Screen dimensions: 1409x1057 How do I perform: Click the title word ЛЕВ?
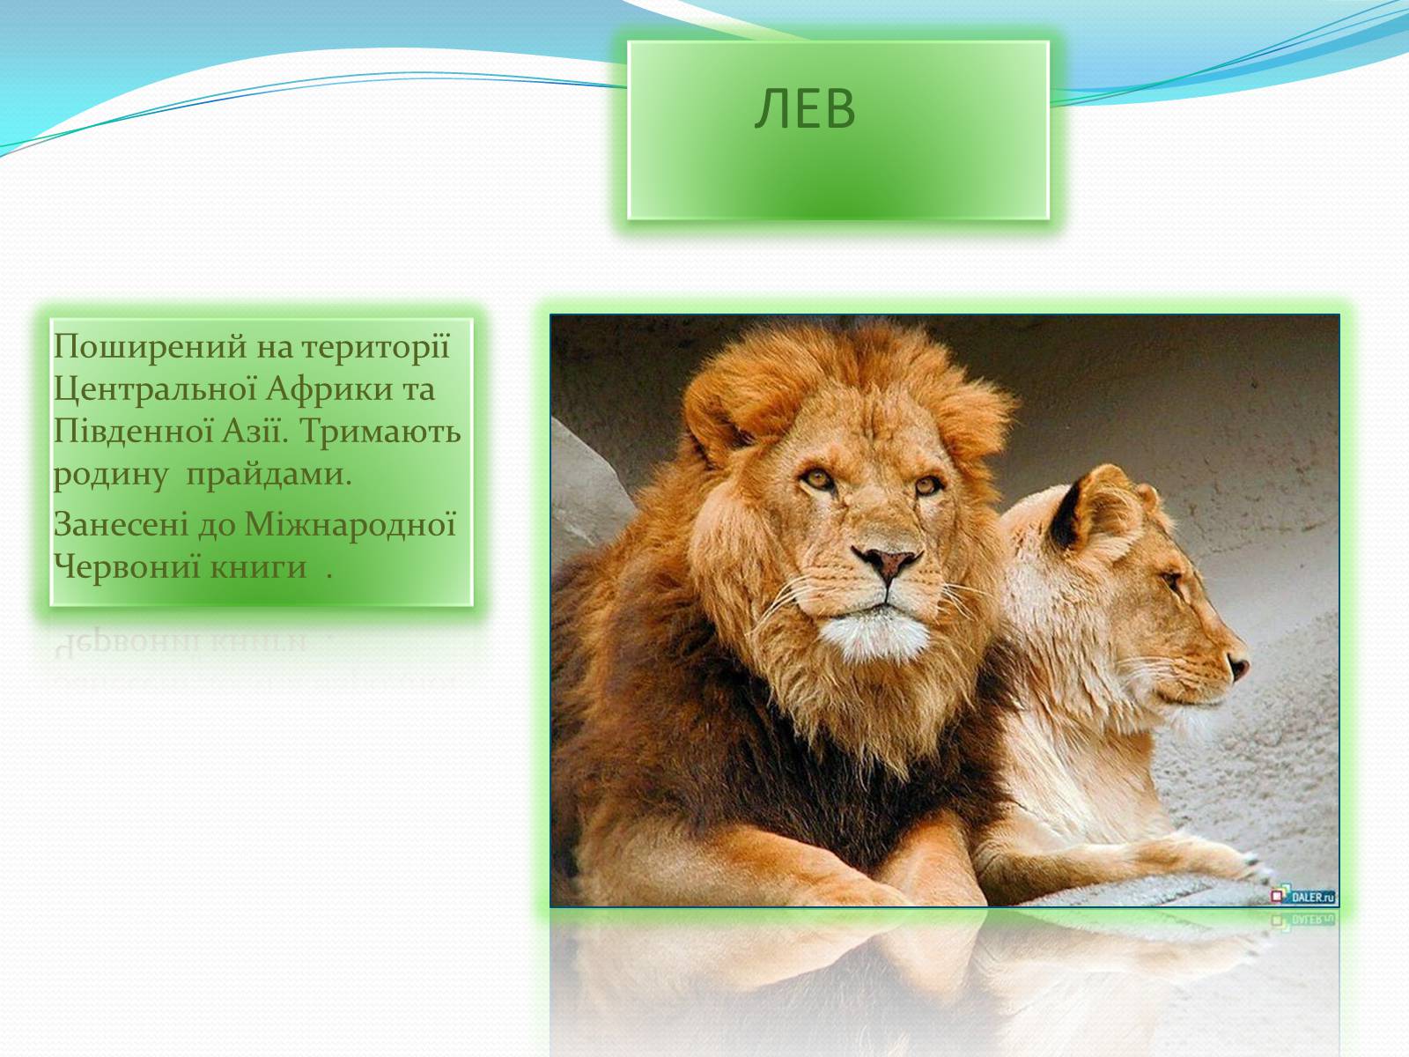[x=805, y=108]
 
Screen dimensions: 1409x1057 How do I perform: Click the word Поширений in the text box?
[x=150, y=347]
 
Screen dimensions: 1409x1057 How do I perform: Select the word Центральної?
[x=155, y=390]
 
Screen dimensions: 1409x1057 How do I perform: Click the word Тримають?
[x=380, y=432]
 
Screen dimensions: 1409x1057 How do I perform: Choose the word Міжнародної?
[x=350, y=524]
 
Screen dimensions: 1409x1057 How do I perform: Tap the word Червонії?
[x=127, y=566]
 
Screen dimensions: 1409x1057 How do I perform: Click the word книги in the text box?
[x=258, y=568]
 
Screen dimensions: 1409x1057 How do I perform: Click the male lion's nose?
[x=887, y=562]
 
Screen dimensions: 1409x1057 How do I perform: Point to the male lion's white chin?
[x=875, y=635]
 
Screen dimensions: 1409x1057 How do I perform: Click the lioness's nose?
[x=1239, y=666]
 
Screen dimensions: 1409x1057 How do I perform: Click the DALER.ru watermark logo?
[x=1303, y=896]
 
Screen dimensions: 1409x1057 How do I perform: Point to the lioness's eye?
[x=1172, y=580]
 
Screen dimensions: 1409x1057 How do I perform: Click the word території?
[x=375, y=347]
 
